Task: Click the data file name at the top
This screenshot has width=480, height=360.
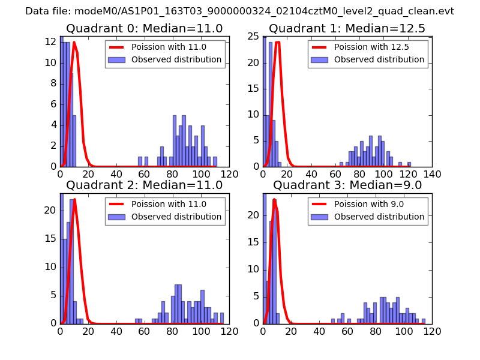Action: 239,11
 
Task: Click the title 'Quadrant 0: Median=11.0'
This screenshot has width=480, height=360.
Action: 144,29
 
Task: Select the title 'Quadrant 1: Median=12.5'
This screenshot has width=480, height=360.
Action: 347,29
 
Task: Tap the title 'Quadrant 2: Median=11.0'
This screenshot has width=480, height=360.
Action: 144,185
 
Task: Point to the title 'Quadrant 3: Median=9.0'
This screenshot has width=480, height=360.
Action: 347,185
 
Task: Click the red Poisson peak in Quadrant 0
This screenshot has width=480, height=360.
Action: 74,42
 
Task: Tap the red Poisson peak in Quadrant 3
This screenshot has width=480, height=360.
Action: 274,199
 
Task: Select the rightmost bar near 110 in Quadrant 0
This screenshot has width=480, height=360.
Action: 215,162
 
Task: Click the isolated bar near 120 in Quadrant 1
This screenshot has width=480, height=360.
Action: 409,164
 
